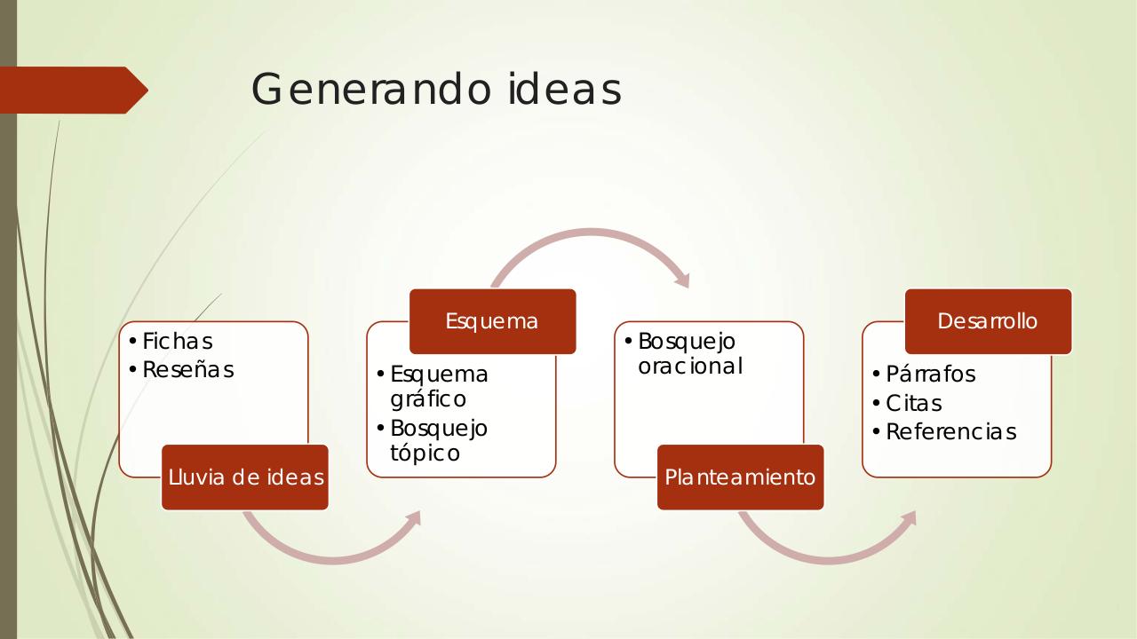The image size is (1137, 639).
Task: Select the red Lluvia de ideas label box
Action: [x=245, y=477]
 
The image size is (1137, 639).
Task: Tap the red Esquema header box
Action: [x=492, y=321]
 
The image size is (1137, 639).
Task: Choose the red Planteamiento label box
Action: [x=740, y=477]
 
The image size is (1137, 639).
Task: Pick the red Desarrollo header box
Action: [x=988, y=321]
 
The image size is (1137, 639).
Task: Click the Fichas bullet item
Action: [x=177, y=342]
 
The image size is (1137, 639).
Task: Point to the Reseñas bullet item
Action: [x=187, y=370]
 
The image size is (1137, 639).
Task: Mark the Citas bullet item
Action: [x=913, y=404]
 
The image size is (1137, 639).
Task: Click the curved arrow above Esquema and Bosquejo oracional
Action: [x=591, y=235]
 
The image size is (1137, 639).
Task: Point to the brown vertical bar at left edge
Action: [x=8, y=355]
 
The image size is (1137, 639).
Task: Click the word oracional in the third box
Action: [x=689, y=367]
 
